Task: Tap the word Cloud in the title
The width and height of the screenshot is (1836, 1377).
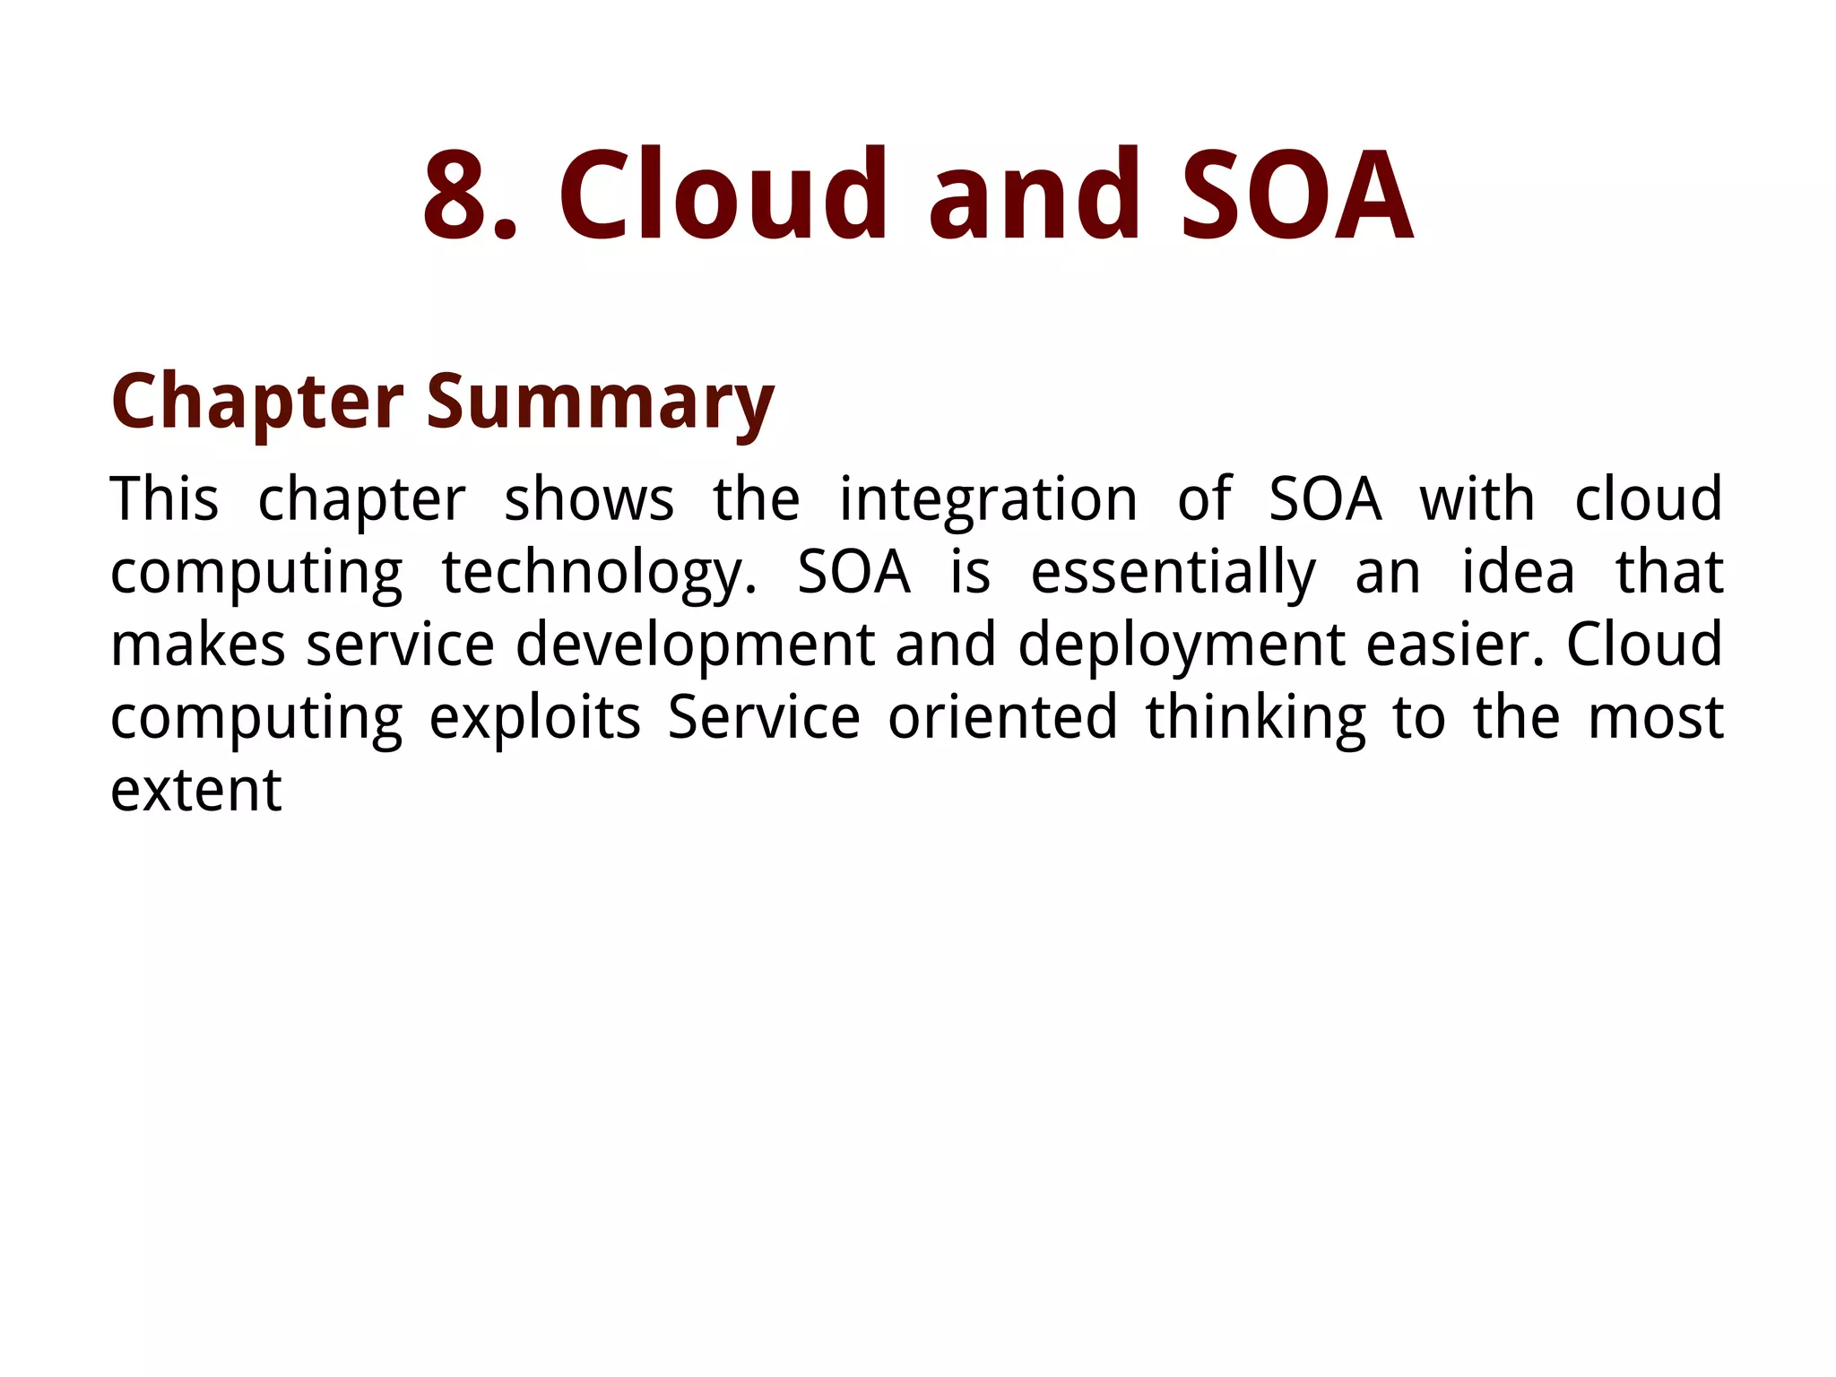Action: [x=723, y=195]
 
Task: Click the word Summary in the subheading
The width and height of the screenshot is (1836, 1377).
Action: [x=600, y=402]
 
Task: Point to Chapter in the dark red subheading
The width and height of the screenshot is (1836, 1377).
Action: [x=257, y=402]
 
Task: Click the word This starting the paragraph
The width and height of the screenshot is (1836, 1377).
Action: [x=164, y=499]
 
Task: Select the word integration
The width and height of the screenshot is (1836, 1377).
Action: [x=988, y=499]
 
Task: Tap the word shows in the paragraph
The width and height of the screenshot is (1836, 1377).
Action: [x=589, y=499]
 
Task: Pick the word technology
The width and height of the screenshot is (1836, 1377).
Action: [x=599, y=574]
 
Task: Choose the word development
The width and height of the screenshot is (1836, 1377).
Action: [x=695, y=645]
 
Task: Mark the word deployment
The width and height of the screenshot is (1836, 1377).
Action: [x=1182, y=645]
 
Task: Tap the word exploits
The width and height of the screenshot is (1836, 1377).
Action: [x=535, y=718]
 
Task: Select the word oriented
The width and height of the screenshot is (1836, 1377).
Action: [x=1002, y=718]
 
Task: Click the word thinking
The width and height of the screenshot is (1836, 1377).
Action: [x=1255, y=718]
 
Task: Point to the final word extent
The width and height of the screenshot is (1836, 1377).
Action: [x=195, y=791]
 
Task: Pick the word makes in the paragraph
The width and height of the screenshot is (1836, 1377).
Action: [x=197, y=645]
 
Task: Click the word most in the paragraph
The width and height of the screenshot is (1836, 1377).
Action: [x=1655, y=718]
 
